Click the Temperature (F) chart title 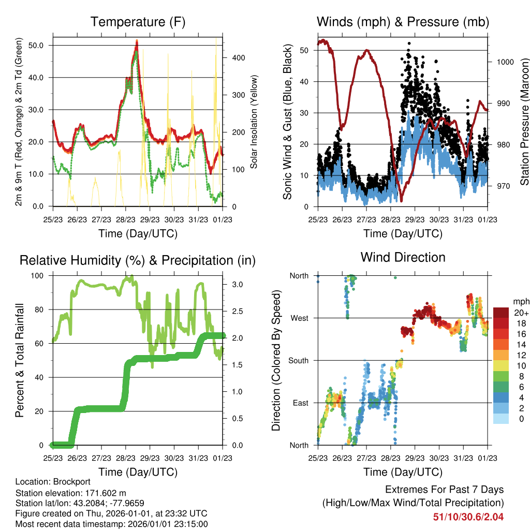click(x=138, y=22)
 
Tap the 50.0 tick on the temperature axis click(x=36, y=46)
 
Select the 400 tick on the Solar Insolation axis click(x=239, y=58)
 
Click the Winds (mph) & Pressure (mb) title click(x=403, y=22)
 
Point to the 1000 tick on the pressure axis click(x=505, y=62)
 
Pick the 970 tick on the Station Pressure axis click(x=503, y=186)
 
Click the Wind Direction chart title click(x=403, y=257)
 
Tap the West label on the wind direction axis click(x=299, y=318)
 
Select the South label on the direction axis click(x=299, y=361)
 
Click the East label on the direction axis click(x=301, y=403)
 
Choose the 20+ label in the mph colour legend click(x=521, y=313)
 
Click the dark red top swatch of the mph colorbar click(x=501, y=313)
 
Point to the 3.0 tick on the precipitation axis click(x=238, y=285)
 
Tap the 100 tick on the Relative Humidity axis click(x=37, y=276)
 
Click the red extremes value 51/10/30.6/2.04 click(x=468, y=517)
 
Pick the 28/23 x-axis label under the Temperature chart click(x=126, y=219)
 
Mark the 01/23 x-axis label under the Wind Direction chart click(x=488, y=458)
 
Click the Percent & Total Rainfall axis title click(x=20, y=360)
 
